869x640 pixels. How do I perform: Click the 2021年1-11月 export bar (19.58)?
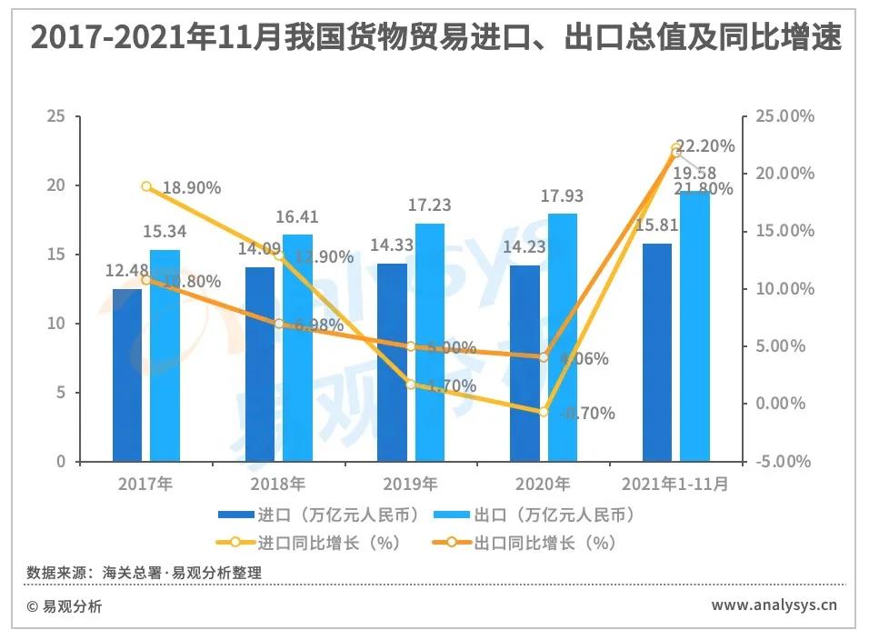(694, 326)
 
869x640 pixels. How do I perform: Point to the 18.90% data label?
(192, 188)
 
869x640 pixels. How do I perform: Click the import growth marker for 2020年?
(544, 412)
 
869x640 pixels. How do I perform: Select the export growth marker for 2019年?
(411, 346)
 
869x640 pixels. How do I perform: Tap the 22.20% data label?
(706, 146)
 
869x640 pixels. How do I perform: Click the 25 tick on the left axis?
(57, 116)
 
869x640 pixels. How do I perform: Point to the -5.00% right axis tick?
(784, 462)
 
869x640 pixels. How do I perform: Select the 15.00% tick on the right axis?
(784, 231)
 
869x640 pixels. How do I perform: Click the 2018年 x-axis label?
(278, 484)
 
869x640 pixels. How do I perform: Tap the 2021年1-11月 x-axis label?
(675, 484)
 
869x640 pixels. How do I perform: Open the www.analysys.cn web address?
(774, 605)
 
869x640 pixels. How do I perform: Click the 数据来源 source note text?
(144, 573)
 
